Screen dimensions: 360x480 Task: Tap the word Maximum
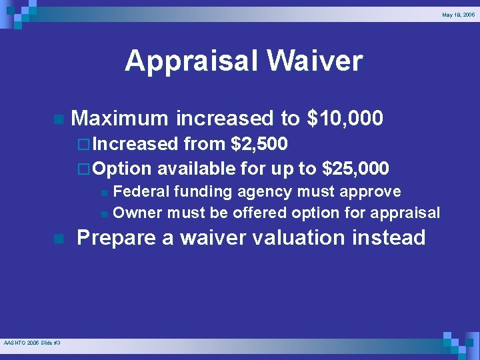click(119, 119)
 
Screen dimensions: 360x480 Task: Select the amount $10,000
click(345, 119)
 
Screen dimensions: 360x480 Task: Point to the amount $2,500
click(259, 143)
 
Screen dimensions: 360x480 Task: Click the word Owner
click(138, 213)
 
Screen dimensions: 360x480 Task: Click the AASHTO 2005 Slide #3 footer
click(31, 343)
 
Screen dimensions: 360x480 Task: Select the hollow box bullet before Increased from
click(83, 144)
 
